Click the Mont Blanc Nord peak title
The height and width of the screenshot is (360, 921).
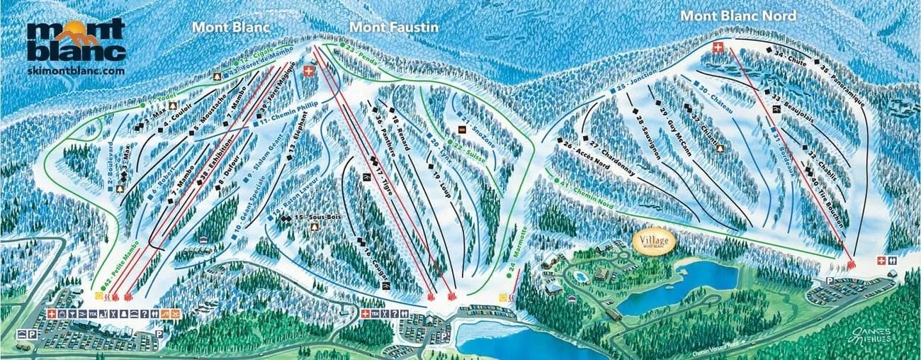[x=738, y=15]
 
